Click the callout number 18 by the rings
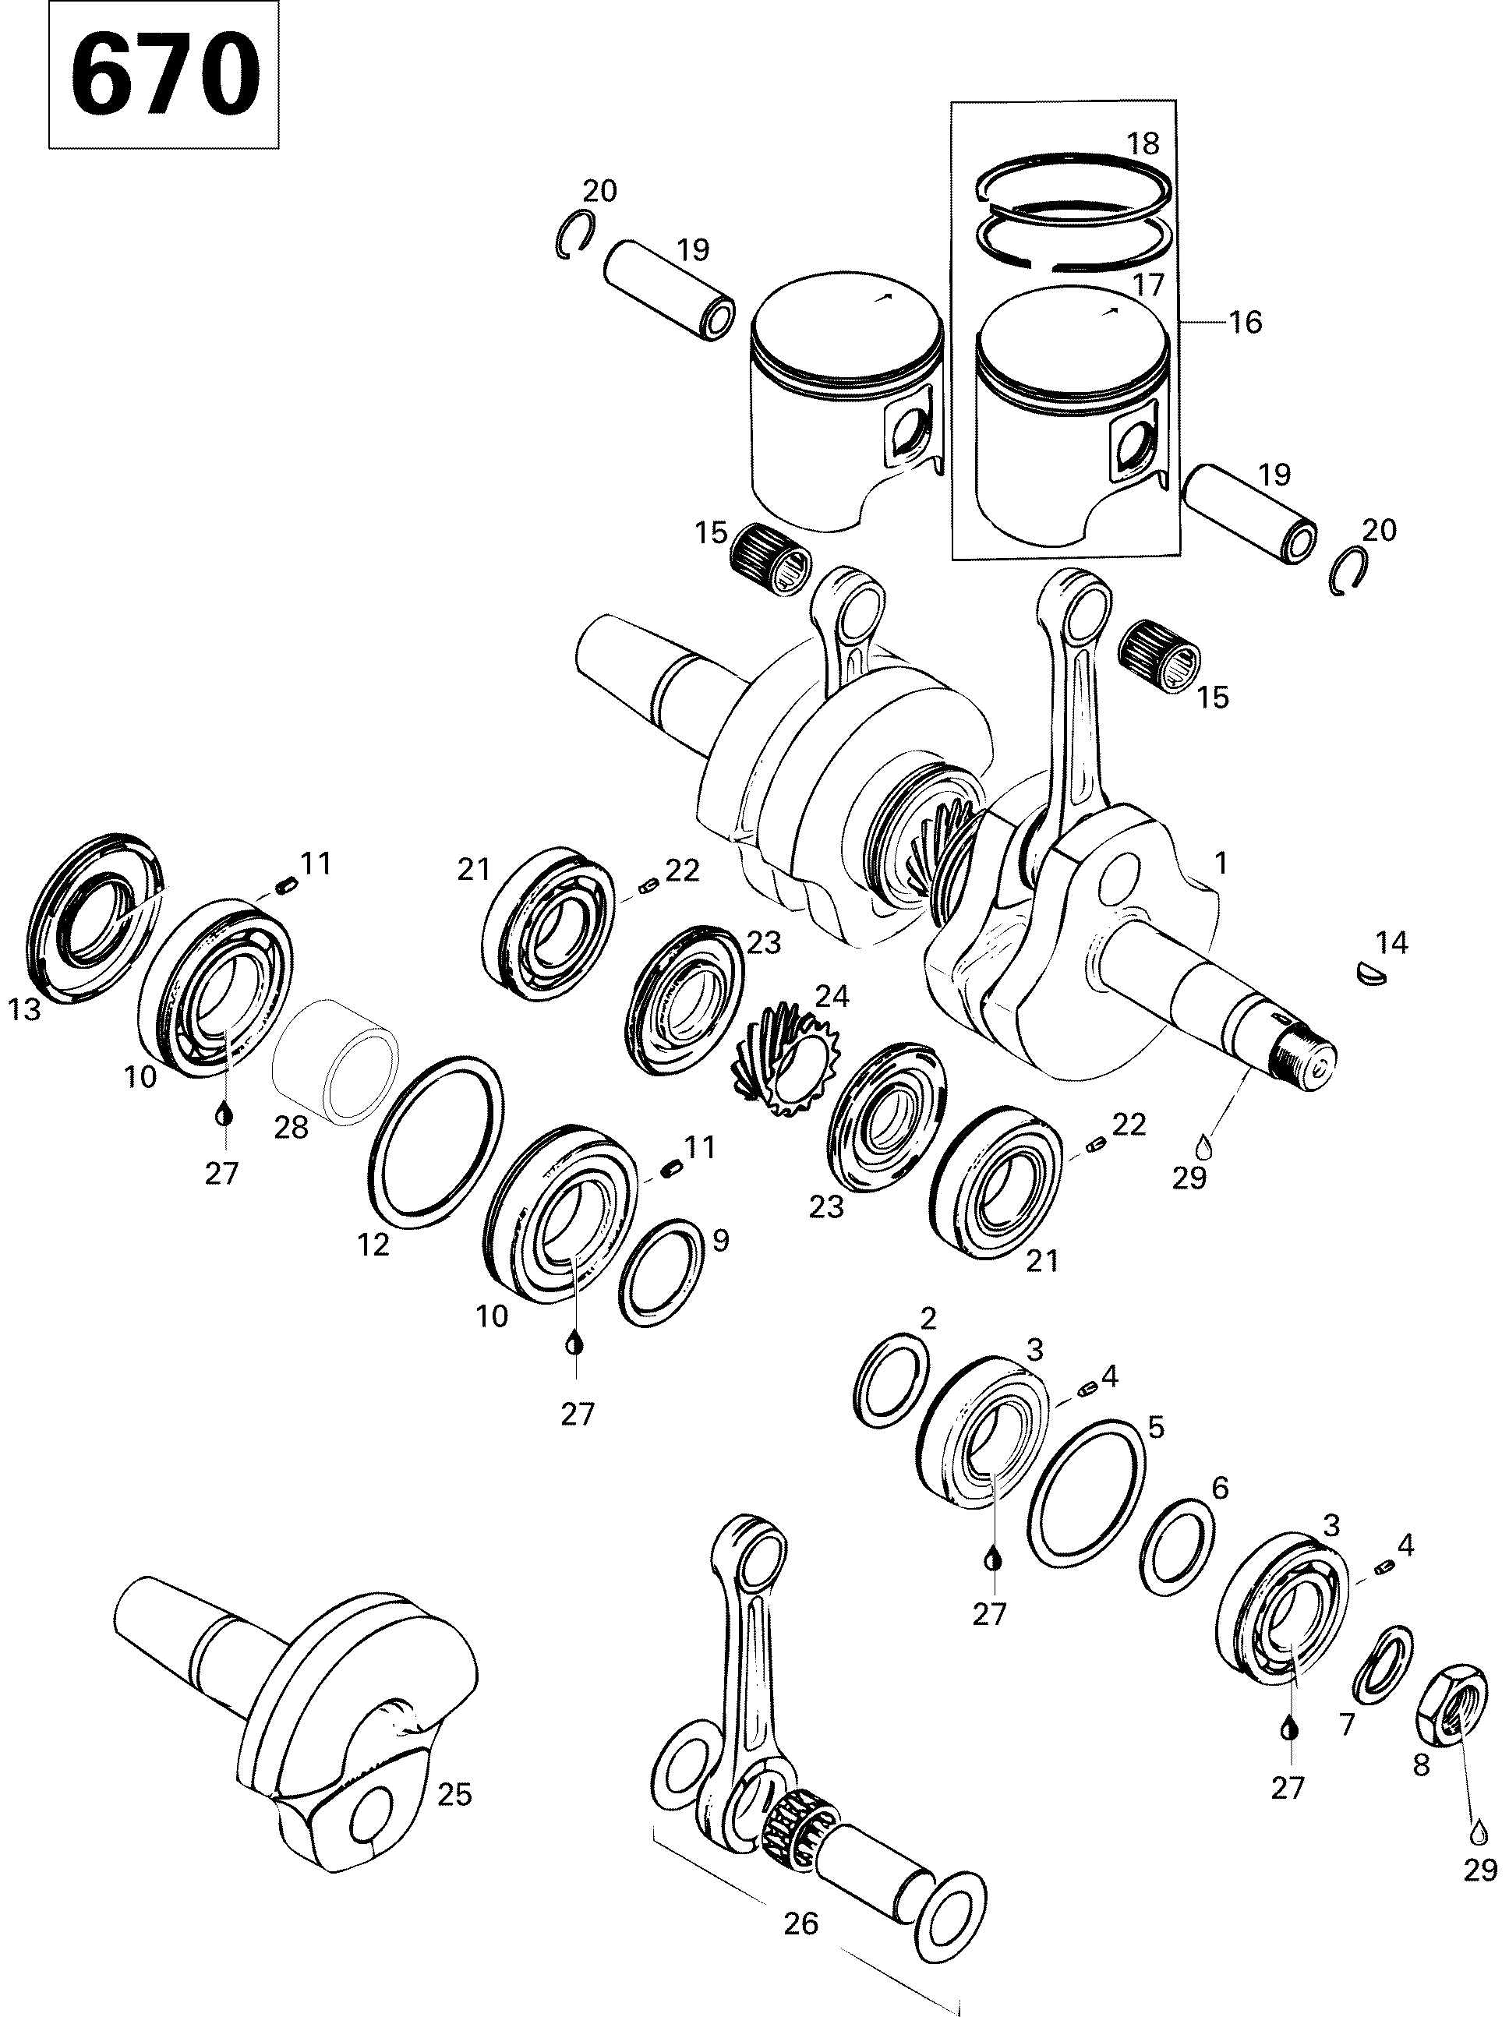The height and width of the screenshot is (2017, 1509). pyautogui.click(x=1143, y=143)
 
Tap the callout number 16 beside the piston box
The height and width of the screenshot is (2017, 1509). pyautogui.click(x=1246, y=322)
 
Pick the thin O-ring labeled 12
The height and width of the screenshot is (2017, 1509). pyautogui.click(x=436, y=1136)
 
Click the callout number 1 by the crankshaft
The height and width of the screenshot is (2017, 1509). pyautogui.click(x=1221, y=863)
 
